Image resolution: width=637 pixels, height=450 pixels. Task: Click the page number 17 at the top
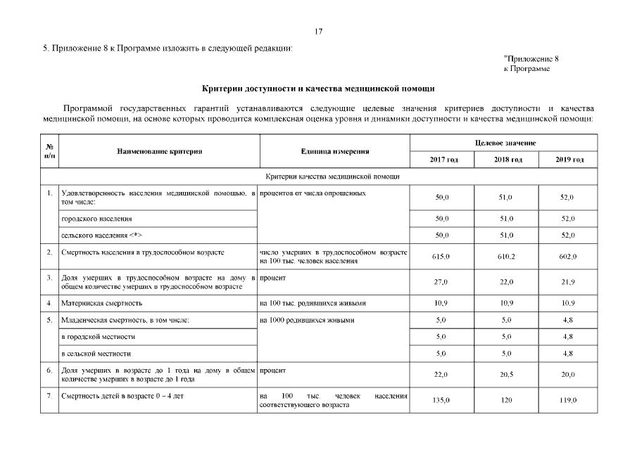318,32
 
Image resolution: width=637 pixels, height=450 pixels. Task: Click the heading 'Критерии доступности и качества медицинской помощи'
318,89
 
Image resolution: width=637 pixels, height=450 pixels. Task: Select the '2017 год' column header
443,160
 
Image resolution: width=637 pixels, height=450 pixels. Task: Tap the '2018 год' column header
507,160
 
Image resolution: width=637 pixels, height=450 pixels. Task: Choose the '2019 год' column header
569,160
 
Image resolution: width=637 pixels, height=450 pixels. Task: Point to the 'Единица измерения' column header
334,151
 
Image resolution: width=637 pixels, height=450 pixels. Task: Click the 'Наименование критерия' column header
159,151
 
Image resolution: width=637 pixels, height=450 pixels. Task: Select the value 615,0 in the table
442,257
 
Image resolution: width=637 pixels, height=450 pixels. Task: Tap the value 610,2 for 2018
507,257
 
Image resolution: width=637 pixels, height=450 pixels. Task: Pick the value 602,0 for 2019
569,257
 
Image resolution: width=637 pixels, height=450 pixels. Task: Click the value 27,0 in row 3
442,282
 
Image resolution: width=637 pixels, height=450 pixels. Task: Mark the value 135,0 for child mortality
442,400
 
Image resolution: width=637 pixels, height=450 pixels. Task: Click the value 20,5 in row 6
507,374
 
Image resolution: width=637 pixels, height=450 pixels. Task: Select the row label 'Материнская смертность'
103,303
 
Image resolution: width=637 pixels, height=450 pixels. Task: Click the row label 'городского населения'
96,219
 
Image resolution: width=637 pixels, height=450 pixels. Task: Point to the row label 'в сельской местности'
97,353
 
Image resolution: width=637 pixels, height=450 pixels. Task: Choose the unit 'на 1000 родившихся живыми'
307,320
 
